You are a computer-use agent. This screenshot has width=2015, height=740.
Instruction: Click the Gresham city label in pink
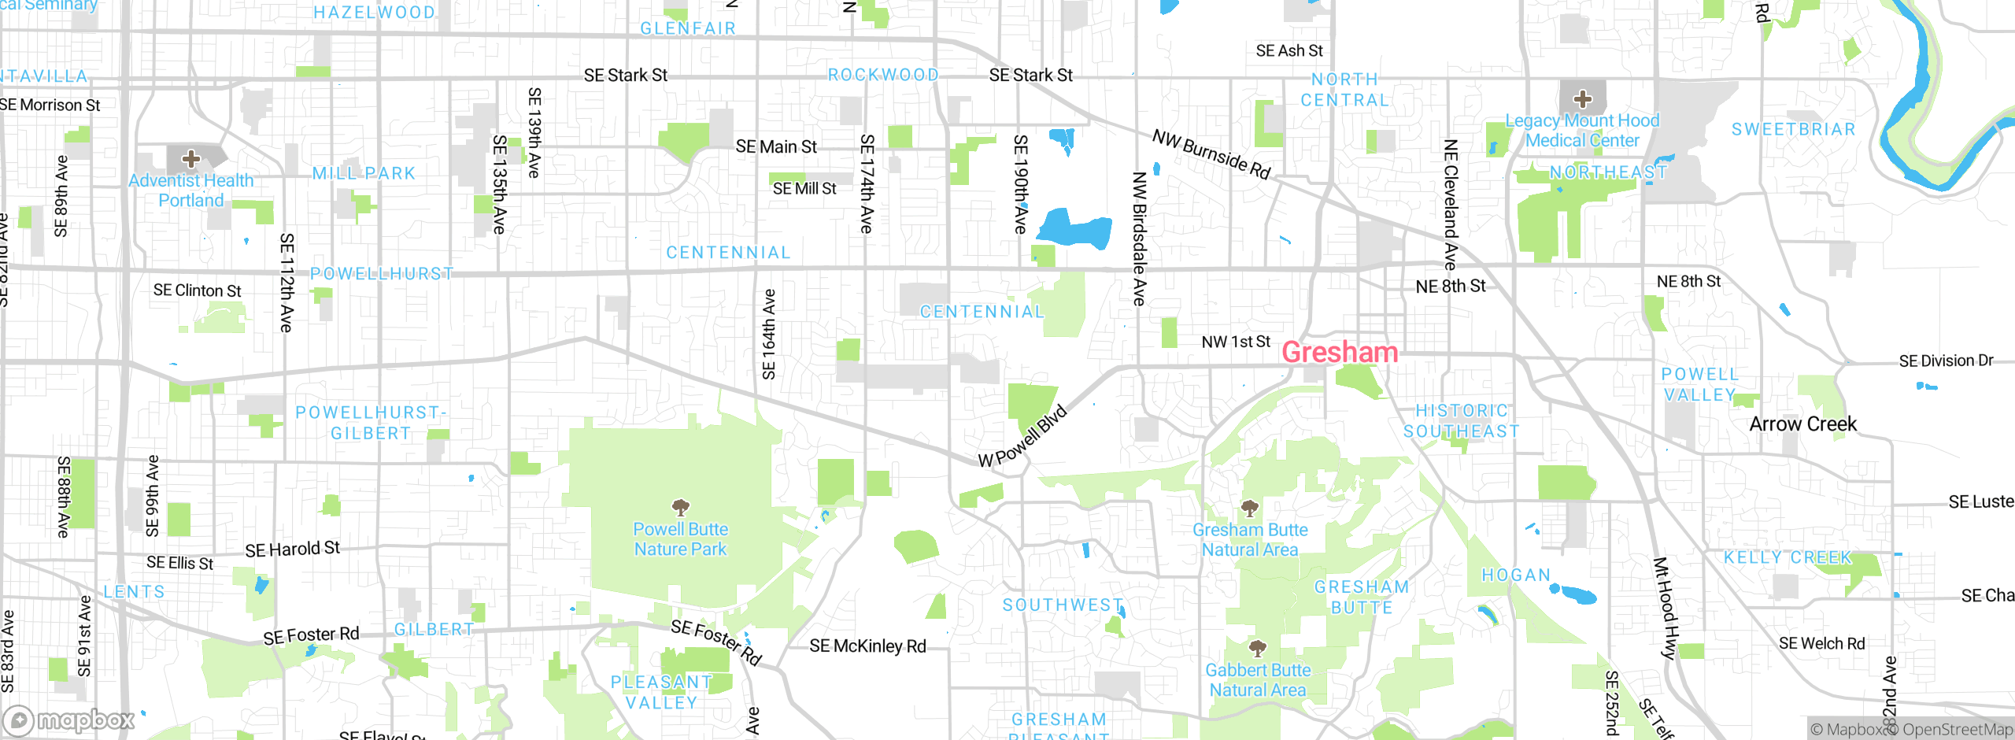(1340, 352)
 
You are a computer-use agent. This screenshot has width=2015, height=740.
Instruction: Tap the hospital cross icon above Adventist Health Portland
(190, 159)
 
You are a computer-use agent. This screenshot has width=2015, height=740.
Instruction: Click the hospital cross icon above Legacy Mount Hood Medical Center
(1582, 99)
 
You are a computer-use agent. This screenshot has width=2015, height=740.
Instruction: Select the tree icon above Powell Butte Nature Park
(680, 507)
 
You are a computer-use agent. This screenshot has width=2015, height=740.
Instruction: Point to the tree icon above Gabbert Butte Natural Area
(1258, 648)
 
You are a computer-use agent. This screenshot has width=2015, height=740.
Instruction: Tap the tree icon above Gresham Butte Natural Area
(1249, 508)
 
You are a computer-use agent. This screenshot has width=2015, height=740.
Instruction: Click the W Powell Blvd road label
(1022, 437)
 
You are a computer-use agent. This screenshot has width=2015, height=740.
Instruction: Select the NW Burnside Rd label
(1211, 154)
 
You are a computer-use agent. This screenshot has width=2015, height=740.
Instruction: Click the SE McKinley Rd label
(867, 646)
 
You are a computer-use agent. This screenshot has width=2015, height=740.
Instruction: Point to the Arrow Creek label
(1802, 424)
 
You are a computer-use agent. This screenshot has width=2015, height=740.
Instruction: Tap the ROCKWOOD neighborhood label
(883, 75)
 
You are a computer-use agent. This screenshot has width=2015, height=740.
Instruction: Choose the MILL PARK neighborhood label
(364, 173)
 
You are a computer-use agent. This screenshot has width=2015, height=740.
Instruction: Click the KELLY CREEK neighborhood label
(1788, 557)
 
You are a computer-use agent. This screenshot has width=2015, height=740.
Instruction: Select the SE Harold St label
(292, 549)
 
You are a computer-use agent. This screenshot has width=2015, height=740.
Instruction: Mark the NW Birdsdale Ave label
(1138, 239)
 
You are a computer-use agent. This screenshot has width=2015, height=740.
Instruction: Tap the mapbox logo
(69, 720)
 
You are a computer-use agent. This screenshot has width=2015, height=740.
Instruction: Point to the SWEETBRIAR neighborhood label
(1793, 129)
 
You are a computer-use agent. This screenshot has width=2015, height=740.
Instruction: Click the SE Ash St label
(1288, 51)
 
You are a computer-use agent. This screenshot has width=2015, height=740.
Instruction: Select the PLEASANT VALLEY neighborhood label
(661, 692)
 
